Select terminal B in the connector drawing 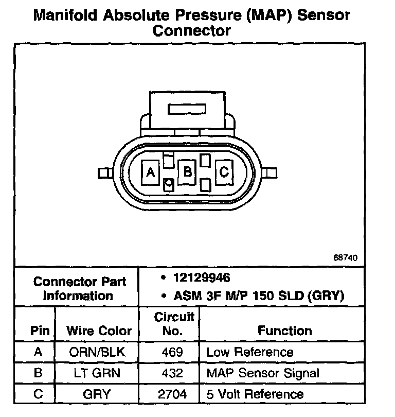[x=188, y=172]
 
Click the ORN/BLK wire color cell [x=97, y=352]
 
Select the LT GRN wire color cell [x=97, y=373]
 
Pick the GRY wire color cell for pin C [x=97, y=394]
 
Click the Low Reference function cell [x=249, y=352]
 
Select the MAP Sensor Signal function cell [x=262, y=373]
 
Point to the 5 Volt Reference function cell [x=255, y=394]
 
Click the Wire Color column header [x=99, y=331]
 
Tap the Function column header [x=285, y=331]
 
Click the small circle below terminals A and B [x=168, y=183]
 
